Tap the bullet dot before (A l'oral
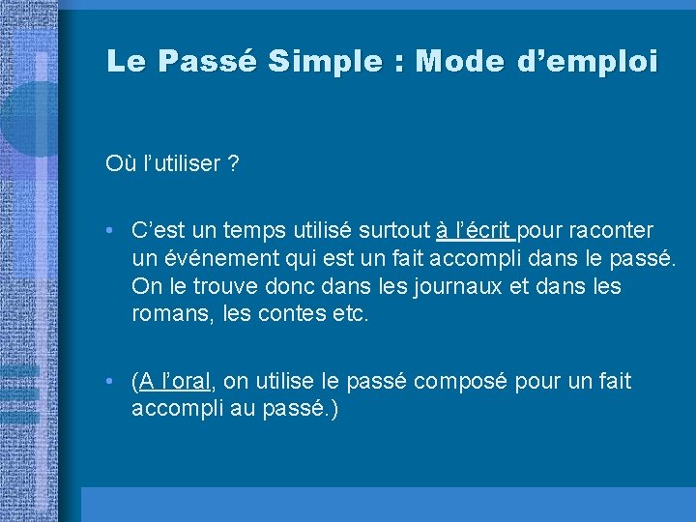point(113,382)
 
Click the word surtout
point(394,231)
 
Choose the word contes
point(293,315)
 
